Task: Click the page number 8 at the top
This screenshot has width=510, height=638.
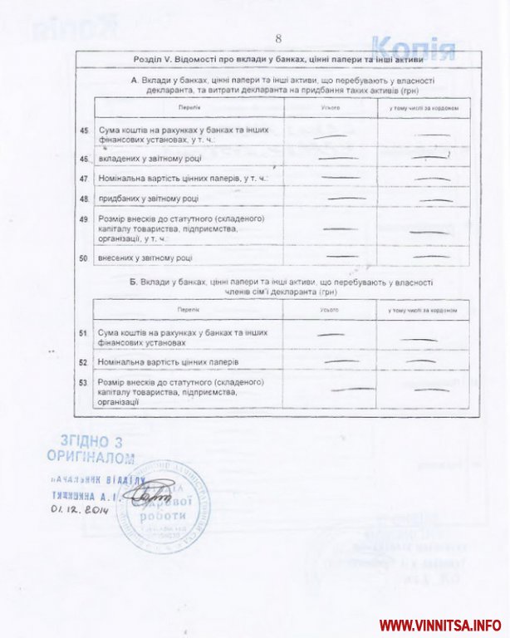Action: pyautogui.click(x=279, y=38)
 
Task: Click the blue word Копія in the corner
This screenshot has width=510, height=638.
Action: pyautogui.click(x=413, y=49)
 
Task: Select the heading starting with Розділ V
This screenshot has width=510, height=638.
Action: pyautogui.click(x=279, y=60)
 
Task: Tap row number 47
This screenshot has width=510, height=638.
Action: pyautogui.click(x=84, y=179)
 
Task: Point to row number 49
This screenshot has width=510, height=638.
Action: pyautogui.click(x=84, y=219)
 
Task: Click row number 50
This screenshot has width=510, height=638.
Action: pyautogui.click(x=84, y=258)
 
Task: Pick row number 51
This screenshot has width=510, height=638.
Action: pyautogui.click(x=84, y=333)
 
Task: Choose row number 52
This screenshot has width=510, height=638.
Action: pyautogui.click(x=84, y=363)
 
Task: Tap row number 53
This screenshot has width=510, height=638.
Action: pyautogui.click(x=84, y=382)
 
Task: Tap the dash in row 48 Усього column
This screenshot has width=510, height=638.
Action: pyautogui.click(x=346, y=199)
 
